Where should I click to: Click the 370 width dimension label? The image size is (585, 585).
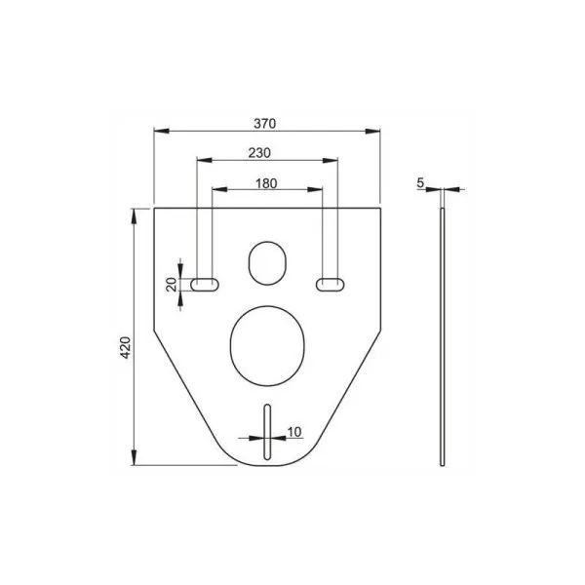(264, 124)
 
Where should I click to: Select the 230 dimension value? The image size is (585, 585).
(259, 153)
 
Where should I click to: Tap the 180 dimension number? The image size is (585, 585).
(266, 183)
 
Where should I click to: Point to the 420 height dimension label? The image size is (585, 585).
(126, 347)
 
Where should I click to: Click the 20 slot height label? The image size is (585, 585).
(172, 285)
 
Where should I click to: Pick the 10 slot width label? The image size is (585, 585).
(294, 432)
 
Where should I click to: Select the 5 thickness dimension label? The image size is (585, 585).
(420, 183)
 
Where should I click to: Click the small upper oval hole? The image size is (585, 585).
(267, 263)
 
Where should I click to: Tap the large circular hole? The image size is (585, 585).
(267, 346)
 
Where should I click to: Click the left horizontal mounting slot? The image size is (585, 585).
(205, 285)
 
